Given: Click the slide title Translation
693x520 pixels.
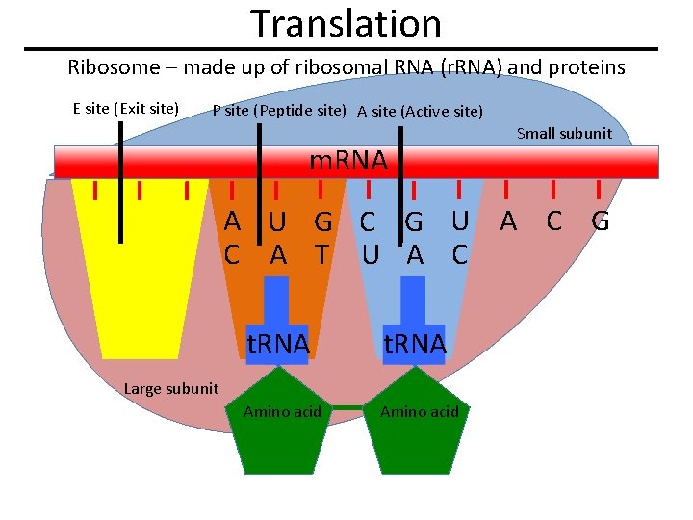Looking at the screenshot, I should pos(346,23).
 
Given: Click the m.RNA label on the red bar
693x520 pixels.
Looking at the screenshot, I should pos(347,161).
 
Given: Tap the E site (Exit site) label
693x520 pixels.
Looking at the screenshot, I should pos(125,108).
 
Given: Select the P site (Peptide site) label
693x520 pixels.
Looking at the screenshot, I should pos(279,110).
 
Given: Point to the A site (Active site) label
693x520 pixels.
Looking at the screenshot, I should pos(420,111).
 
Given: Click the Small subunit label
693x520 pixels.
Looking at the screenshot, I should pos(564,133).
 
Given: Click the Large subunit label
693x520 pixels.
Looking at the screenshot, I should pos(171,388).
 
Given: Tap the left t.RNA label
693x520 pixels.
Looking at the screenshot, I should pos(277,344).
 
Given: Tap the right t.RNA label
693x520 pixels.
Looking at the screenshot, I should pos(414,344).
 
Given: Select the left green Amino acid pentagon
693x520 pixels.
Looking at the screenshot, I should pos(282,424).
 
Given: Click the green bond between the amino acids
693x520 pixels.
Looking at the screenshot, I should pos(349,408).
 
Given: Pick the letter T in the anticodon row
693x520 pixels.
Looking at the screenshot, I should pos(322,254).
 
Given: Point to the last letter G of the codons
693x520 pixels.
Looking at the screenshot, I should pos(600,222).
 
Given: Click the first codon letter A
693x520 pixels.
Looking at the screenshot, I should pos(232,222).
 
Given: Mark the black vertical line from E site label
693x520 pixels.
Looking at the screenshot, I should pos(121,183).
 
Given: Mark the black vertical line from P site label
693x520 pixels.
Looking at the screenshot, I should pos(260,173).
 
